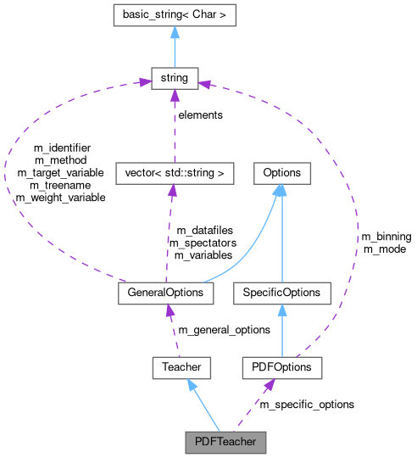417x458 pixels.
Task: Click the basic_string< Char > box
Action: point(174,14)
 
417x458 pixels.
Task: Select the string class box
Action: point(174,79)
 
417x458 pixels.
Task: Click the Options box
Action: point(281,173)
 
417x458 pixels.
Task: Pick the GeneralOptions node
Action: point(165,293)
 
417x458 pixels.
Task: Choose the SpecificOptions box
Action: point(281,293)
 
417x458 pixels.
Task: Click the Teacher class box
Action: point(181,367)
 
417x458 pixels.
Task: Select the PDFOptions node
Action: point(281,367)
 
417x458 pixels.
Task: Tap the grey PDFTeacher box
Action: point(225,442)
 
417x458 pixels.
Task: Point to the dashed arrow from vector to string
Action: point(174,127)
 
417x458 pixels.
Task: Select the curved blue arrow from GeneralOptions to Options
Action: point(254,254)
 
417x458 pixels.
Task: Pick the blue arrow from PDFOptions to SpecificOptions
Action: point(281,331)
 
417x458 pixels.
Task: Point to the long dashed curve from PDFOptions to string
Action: point(356,212)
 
